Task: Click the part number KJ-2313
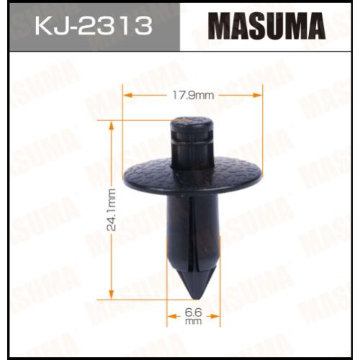(94, 26)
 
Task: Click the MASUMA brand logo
(266, 26)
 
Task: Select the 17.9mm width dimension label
(193, 96)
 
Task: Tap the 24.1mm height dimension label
(111, 210)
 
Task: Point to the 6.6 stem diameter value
(193, 312)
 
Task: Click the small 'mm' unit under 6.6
(193, 321)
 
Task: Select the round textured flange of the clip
(192, 175)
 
